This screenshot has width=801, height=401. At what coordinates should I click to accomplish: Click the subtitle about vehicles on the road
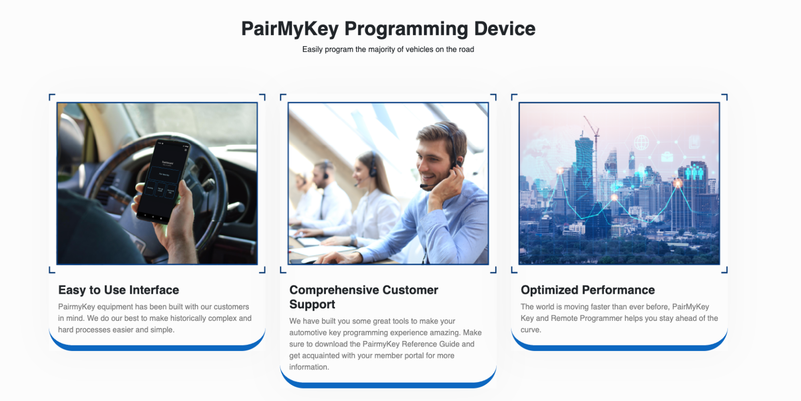pos(388,50)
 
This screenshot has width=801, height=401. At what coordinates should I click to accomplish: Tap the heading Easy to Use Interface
pos(118,290)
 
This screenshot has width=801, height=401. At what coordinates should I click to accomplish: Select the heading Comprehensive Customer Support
pos(363,297)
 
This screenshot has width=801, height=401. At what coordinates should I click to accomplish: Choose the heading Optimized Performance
pos(588,290)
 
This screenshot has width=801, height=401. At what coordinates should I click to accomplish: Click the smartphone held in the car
pos(163,181)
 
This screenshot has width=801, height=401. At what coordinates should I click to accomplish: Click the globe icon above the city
pos(641,142)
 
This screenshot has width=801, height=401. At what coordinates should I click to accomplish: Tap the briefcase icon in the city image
pos(667,157)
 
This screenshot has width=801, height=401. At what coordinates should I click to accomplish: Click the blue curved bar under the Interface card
pos(157,345)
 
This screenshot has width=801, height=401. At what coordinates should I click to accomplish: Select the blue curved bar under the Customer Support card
pos(388,383)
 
